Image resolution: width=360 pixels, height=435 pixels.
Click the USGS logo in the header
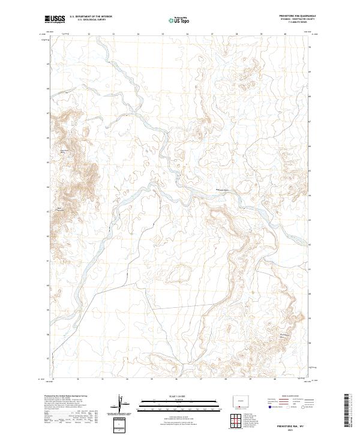click(55, 20)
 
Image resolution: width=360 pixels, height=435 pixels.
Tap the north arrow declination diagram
click(124, 405)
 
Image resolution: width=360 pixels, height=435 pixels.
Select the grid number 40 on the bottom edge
click(275, 379)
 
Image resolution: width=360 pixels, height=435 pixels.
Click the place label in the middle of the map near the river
click(223, 190)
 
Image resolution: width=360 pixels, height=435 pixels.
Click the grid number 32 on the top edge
click(89, 34)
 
